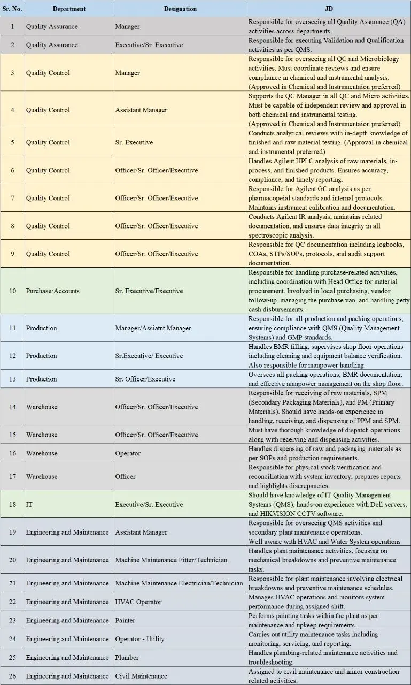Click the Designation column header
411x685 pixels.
(x=180, y=9)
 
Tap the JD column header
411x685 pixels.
(x=329, y=9)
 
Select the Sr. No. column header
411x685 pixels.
(x=12, y=9)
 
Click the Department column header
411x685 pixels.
(x=69, y=9)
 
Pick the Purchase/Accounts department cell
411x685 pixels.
(x=53, y=291)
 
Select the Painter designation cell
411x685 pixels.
(x=126, y=620)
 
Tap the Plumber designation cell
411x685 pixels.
(x=127, y=657)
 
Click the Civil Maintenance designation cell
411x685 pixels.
(x=141, y=676)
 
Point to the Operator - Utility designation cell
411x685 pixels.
(x=140, y=639)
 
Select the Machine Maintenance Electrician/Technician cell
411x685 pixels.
(x=179, y=583)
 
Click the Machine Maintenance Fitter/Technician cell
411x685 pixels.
(x=171, y=560)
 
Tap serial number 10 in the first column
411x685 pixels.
(x=12, y=291)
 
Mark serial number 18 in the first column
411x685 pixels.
(x=12, y=504)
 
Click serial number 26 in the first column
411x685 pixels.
(x=12, y=676)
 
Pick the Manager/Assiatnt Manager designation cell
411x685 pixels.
(x=153, y=328)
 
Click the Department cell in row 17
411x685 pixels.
(x=42, y=476)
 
